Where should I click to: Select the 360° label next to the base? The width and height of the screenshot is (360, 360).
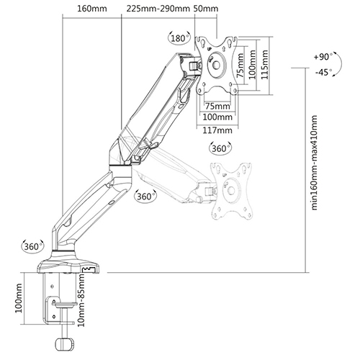(32, 246)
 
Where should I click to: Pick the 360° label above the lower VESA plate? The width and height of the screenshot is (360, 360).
(221, 148)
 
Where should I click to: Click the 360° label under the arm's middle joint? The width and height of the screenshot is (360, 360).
(145, 196)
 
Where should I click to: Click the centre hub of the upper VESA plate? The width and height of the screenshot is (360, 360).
(217, 66)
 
